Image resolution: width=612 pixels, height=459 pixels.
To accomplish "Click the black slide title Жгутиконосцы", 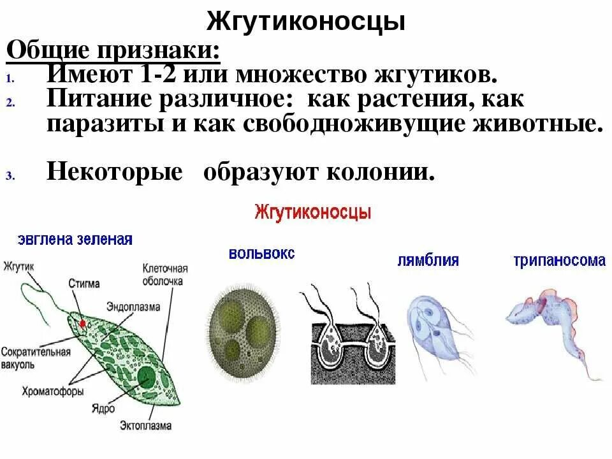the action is click(x=305, y=22).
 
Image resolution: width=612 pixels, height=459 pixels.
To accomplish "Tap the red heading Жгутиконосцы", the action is click(x=312, y=212).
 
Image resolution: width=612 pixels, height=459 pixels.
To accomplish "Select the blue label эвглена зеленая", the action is click(x=75, y=240).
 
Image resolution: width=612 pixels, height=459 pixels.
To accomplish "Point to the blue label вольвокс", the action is click(x=262, y=253).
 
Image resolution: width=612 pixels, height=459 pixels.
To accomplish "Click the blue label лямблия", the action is click(x=428, y=261).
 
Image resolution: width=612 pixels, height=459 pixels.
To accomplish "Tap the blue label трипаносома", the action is click(x=559, y=261).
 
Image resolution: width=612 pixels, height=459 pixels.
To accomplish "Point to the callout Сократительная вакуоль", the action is click(x=35, y=356).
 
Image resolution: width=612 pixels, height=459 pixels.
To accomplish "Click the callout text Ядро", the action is click(x=99, y=406).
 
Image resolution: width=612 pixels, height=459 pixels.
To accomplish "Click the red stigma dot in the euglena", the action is click(x=82, y=323).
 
